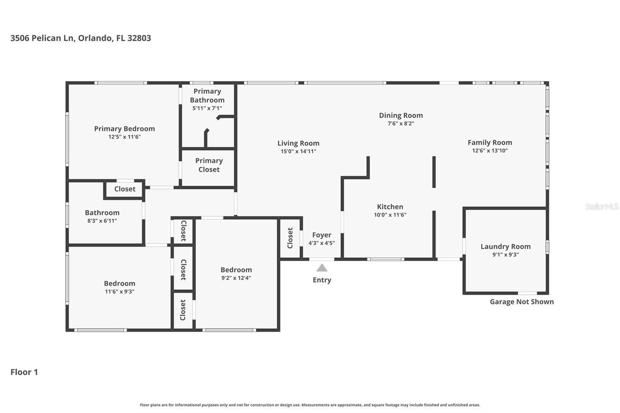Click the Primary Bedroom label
(x=124, y=129)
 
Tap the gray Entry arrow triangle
(x=322, y=268)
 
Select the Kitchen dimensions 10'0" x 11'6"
(x=390, y=215)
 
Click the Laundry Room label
(x=505, y=246)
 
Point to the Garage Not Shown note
(x=522, y=302)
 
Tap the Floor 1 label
(x=24, y=372)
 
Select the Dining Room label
(x=401, y=115)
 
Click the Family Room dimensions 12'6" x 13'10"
(x=489, y=151)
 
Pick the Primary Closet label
(x=209, y=165)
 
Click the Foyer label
(x=322, y=235)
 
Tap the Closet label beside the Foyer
(x=290, y=238)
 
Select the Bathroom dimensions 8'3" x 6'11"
(x=102, y=221)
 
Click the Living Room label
(x=298, y=143)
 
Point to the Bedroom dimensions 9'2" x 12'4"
(x=236, y=278)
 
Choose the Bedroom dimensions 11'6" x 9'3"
(x=119, y=291)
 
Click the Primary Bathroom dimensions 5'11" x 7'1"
(x=207, y=108)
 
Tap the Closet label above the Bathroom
(x=125, y=189)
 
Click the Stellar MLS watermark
(x=601, y=206)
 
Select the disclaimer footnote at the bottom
(x=310, y=405)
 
